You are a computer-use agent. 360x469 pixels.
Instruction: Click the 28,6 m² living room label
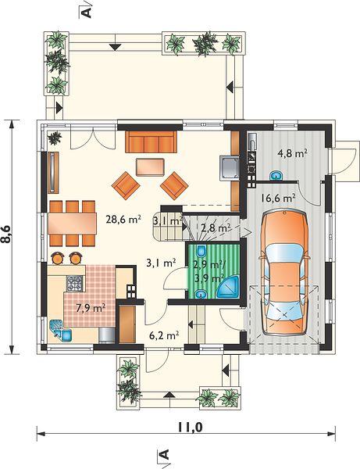pos(123,219)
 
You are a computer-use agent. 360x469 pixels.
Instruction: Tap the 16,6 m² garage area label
pos(278,198)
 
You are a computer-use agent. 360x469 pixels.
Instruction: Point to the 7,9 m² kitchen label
pos(91,307)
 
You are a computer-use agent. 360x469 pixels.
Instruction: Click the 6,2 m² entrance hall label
pos(164,335)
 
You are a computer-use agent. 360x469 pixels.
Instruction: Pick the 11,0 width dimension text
pos(190,428)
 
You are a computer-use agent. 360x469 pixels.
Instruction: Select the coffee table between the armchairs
pos(150,167)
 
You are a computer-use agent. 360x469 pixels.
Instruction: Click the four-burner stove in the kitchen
pos(74,283)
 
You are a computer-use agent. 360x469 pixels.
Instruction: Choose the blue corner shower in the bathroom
pos(229,287)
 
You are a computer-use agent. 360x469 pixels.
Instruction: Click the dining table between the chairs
pos(72,224)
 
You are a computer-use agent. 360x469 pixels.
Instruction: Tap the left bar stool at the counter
pos(58,258)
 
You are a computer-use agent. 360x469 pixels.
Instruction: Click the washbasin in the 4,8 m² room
pos(276,176)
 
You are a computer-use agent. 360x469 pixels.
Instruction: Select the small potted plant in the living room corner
pos(55,138)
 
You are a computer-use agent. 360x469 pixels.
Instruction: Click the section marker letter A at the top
pos(87,13)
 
